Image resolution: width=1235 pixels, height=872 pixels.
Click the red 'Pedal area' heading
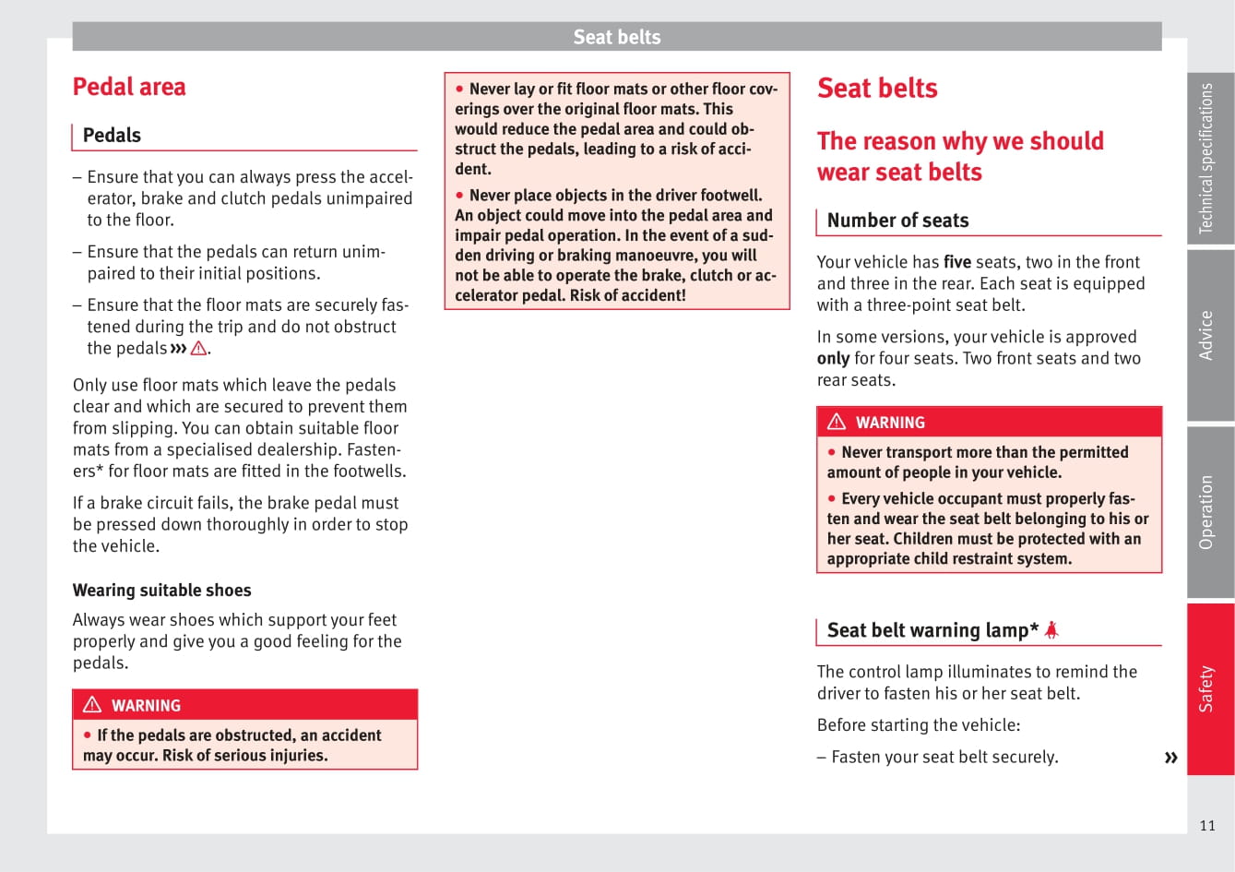[129, 87]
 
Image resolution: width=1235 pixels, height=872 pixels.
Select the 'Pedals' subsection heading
[112, 136]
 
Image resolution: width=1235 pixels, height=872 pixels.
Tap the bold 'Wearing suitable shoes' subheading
[161, 591]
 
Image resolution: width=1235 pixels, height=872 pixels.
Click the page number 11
[1207, 826]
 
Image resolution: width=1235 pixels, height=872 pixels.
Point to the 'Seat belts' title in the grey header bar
[617, 37]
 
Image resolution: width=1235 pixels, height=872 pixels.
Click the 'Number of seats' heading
[897, 221]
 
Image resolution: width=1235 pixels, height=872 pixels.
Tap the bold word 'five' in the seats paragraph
[957, 262]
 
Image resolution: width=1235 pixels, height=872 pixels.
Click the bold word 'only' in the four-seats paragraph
[833, 359]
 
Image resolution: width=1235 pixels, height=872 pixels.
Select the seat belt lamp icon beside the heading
[1051, 630]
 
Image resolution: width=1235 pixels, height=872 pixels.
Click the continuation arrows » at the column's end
[1171, 758]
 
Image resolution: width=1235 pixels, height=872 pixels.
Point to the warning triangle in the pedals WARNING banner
[92, 705]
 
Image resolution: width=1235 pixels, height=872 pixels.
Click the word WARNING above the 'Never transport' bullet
[890, 423]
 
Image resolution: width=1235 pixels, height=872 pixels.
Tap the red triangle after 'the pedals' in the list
[198, 349]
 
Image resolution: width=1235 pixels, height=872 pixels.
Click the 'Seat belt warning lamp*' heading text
[932, 630]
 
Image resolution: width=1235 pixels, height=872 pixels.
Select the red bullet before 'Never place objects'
[460, 196]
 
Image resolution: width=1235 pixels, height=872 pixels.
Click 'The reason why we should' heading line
[960, 141]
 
